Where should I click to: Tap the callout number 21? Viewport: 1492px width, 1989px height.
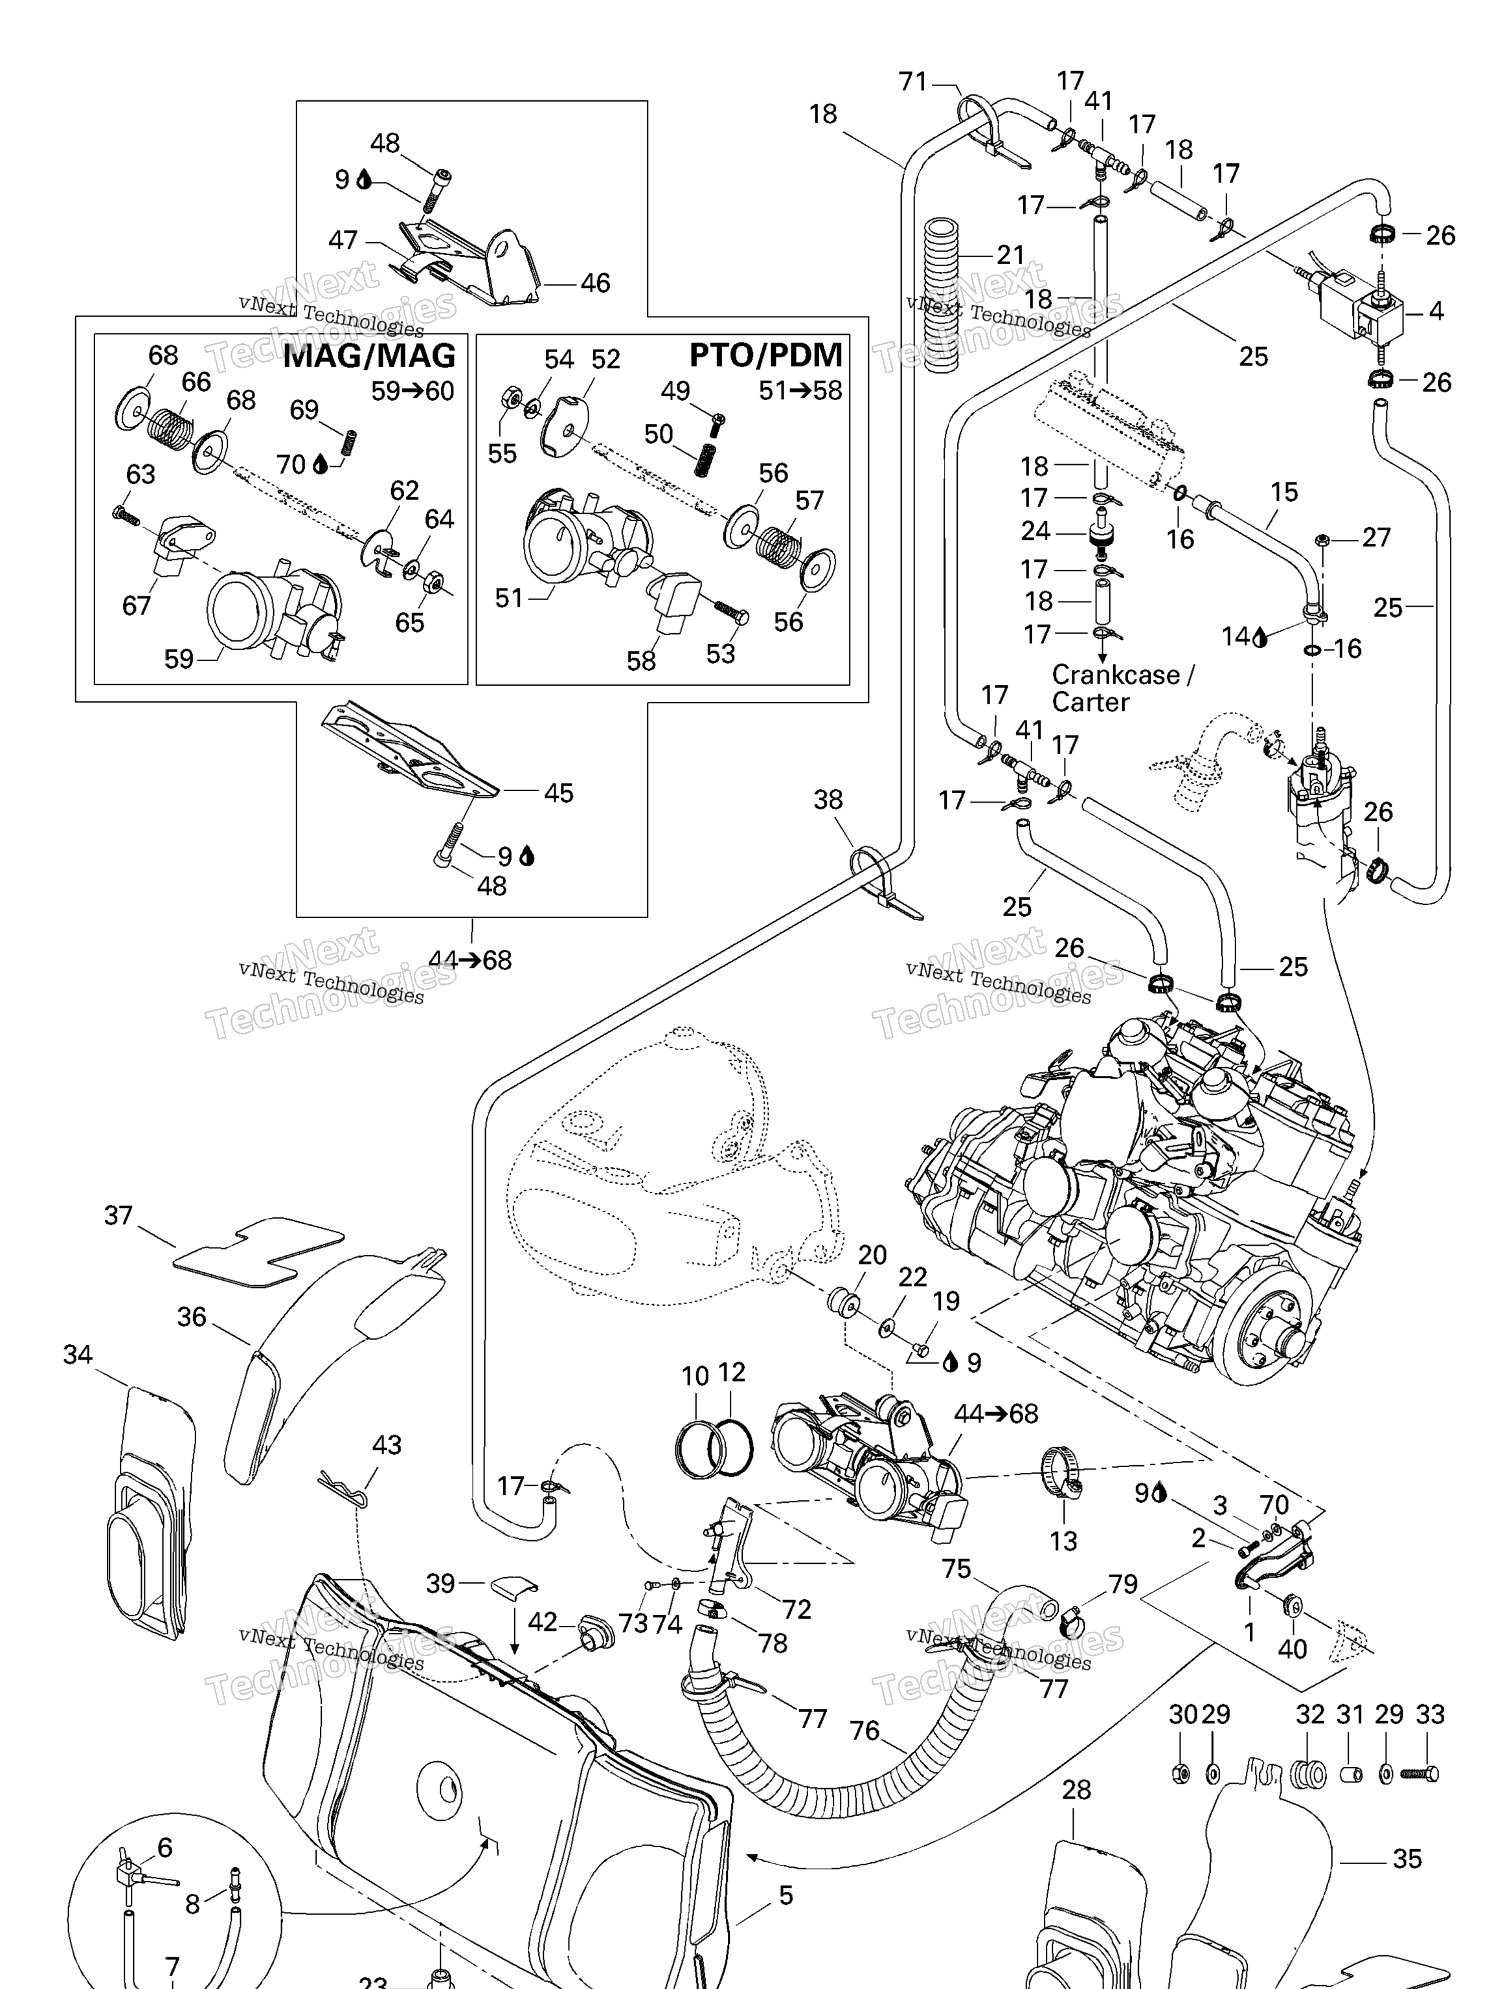click(x=1010, y=254)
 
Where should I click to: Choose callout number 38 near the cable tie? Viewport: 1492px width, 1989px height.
click(x=828, y=800)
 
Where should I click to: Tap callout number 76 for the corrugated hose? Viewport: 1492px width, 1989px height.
click(x=865, y=1730)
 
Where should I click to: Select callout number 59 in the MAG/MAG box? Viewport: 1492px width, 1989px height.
click(x=178, y=658)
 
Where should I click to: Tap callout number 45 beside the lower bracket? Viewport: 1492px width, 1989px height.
click(x=558, y=792)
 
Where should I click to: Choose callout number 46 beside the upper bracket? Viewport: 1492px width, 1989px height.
click(x=594, y=282)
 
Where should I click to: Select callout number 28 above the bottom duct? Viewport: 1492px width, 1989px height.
click(x=1076, y=1790)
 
